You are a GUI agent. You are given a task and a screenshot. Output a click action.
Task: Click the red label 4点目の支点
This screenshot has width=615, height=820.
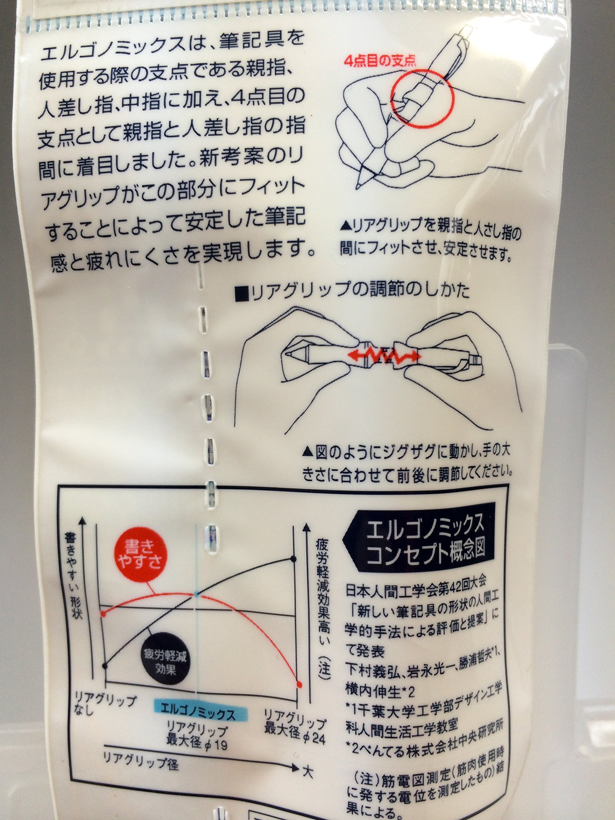click(x=380, y=61)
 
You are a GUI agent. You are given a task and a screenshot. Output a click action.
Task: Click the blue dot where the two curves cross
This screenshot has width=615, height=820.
click(x=196, y=594)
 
